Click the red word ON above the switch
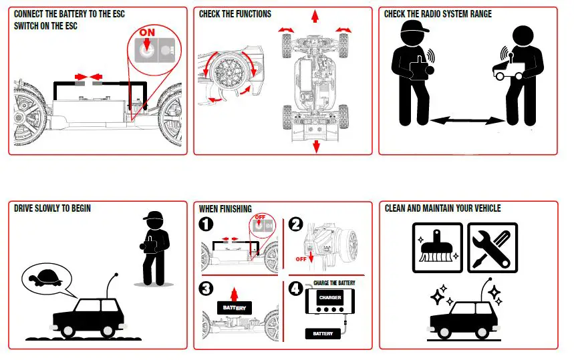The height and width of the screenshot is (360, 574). click(146, 32)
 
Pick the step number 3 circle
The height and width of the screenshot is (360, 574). click(208, 289)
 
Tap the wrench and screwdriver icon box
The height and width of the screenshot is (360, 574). click(491, 247)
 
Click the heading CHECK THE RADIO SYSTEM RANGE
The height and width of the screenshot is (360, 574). click(438, 14)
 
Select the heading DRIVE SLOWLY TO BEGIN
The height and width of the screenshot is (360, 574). click(52, 208)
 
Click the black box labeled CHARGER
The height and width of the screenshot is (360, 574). click(331, 298)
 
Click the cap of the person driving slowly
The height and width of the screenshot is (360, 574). click(153, 217)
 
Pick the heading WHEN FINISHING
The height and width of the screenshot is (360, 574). click(225, 208)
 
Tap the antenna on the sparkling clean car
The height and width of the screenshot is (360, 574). click(486, 289)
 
